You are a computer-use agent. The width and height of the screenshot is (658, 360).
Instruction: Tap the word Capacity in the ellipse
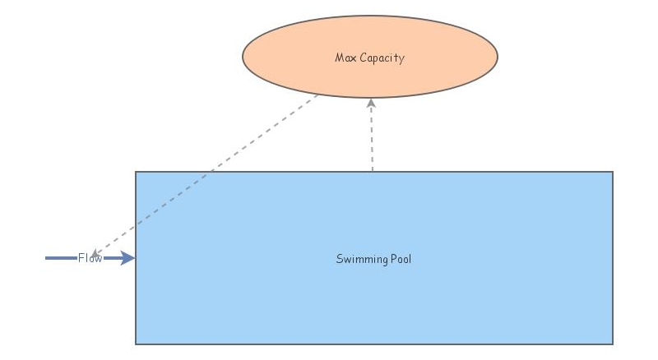tap(382, 58)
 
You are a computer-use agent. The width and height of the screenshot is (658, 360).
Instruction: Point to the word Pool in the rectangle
tap(400, 259)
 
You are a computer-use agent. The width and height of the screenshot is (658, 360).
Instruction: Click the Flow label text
tap(90, 258)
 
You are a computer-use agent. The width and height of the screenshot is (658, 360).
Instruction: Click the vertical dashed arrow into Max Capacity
tap(372, 136)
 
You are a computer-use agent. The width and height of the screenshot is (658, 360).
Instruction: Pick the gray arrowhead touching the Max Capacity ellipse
tap(371, 103)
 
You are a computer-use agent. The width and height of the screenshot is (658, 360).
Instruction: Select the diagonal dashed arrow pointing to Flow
tap(206, 173)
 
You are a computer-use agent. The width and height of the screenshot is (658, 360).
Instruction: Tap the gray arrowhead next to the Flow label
tap(95, 253)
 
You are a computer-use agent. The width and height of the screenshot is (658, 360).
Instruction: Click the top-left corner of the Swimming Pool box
tap(136, 172)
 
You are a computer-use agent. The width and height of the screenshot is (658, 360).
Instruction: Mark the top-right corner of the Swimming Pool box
tap(613, 172)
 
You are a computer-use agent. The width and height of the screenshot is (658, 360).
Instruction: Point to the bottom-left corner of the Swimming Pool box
tap(136, 344)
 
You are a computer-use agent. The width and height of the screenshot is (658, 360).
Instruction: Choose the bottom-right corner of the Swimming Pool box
tap(613, 344)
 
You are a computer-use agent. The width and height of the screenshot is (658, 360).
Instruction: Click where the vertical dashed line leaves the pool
tap(373, 171)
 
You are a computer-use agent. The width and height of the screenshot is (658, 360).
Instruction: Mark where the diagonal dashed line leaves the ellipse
tap(319, 94)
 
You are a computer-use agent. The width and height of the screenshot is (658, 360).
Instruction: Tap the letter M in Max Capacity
tap(340, 58)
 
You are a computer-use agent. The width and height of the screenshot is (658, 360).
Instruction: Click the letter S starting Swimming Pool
tap(339, 259)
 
